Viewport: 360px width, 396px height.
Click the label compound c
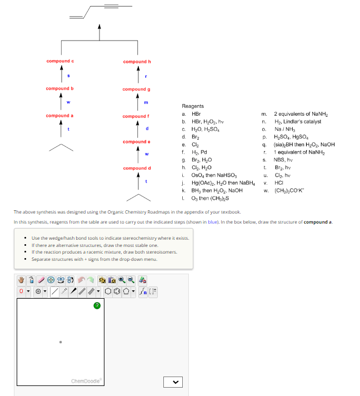pos(60,61)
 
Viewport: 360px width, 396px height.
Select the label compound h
pos(137,62)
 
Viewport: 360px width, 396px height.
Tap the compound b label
pos(60,88)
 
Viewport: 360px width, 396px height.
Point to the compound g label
pos(137,89)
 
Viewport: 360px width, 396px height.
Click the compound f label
pos(136,116)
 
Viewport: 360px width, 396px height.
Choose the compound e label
pos(137,142)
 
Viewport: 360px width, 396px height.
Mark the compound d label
pos(137,168)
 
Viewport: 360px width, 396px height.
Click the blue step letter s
pos(68,76)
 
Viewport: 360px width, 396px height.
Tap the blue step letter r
pos(145,76)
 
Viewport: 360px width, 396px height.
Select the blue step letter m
pos(146,103)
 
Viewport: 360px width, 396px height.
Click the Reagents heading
pos(193,106)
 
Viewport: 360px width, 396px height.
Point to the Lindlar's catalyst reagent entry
pos(297,121)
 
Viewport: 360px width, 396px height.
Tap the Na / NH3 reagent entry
pos(284,129)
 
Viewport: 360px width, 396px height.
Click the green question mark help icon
pos(97,305)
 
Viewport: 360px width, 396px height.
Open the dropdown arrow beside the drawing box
pos(172,382)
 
